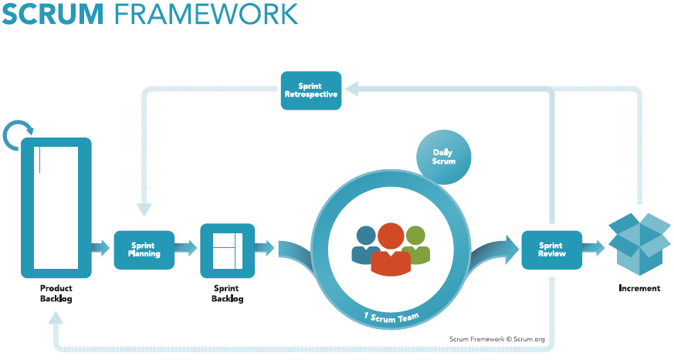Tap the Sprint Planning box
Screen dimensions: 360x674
click(x=144, y=249)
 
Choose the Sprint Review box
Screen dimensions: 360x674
click(x=551, y=249)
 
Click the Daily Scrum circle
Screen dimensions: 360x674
click(x=444, y=157)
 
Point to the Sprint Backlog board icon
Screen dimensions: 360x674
click(x=227, y=250)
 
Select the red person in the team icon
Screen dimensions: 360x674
click(x=390, y=249)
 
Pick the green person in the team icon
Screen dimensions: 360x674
click(x=416, y=243)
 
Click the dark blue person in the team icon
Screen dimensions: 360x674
click(x=365, y=244)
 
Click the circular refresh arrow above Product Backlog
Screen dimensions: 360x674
click(x=19, y=135)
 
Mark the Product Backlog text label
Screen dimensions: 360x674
click(x=56, y=294)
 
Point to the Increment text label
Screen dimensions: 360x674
click(x=639, y=288)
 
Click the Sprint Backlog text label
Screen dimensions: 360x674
click(x=227, y=294)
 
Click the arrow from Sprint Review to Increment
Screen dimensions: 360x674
click(x=594, y=249)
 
